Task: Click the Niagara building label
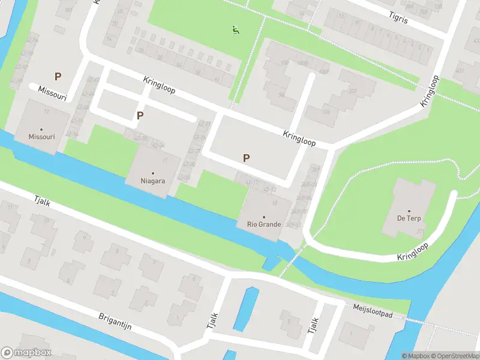(x=152, y=180)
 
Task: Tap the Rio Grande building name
(x=264, y=225)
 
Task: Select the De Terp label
(x=409, y=218)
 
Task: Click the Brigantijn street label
(x=115, y=322)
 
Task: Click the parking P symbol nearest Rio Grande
(x=245, y=158)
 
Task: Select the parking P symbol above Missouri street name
(x=58, y=76)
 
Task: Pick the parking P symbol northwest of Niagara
(x=140, y=115)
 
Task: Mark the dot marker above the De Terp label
(x=409, y=211)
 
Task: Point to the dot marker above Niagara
(x=152, y=173)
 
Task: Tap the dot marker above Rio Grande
(x=264, y=217)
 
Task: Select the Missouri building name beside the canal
(x=41, y=137)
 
